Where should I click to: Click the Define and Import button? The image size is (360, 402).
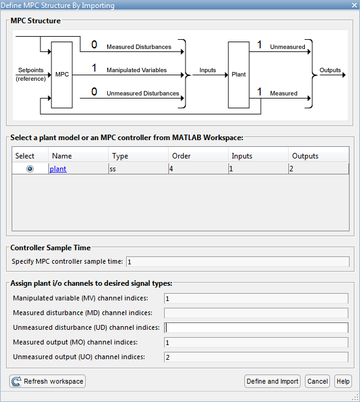pyautogui.click(x=272, y=381)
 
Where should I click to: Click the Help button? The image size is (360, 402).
pyautogui.click(x=343, y=381)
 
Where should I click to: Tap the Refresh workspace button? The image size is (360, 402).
pyautogui.click(x=48, y=381)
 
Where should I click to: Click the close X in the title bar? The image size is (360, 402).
pyautogui.click(x=354, y=5)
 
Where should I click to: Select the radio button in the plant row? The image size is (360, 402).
pyautogui.click(x=30, y=169)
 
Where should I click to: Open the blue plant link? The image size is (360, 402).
pyautogui.click(x=58, y=169)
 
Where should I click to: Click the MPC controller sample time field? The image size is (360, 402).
pyautogui.click(x=238, y=262)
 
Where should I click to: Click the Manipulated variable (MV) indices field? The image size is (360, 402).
pyautogui.click(x=256, y=299)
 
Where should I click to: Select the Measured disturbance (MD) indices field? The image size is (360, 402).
pyautogui.click(x=256, y=313)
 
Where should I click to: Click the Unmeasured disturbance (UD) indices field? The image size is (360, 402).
pyautogui.click(x=256, y=327)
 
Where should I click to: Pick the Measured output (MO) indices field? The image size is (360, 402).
pyautogui.click(x=256, y=343)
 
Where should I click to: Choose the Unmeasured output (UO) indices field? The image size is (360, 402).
pyautogui.click(x=256, y=357)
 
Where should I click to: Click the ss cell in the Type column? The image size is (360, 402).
pyautogui.click(x=113, y=169)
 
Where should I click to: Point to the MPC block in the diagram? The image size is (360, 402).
pyautogui.click(x=62, y=75)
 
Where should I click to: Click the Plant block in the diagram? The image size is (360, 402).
pyautogui.click(x=239, y=75)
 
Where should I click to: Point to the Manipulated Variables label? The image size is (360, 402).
pyautogui.click(x=137, y=70)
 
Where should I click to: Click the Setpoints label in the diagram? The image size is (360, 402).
pyautogui.click(x=31, y=70)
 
